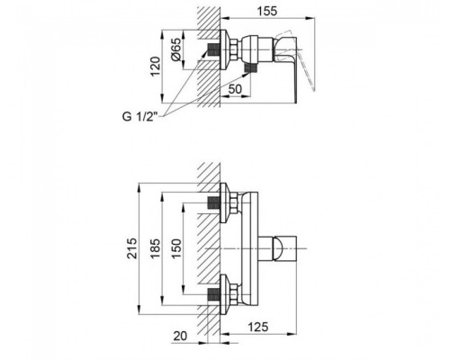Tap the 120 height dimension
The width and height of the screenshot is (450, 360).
[x=156, y=63]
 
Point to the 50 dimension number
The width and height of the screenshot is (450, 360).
[x=233, y=90]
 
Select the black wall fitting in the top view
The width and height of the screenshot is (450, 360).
[x=216, y=50]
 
